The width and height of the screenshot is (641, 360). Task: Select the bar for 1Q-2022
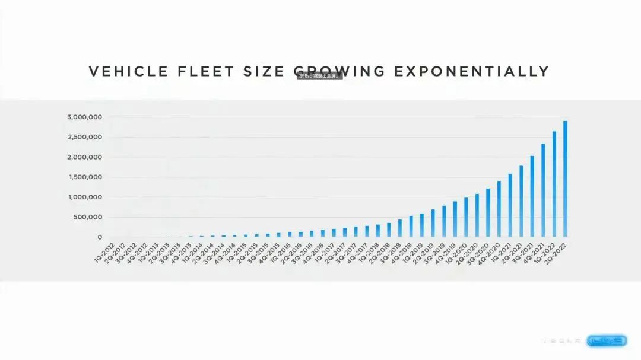(554, 184)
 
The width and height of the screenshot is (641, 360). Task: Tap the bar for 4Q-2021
(543, 190)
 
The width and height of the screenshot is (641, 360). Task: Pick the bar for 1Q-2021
(510, 205)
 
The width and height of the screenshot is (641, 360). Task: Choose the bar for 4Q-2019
(455, 219)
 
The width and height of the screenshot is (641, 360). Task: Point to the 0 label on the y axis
(100, 237)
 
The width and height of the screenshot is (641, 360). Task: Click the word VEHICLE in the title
(129, 72)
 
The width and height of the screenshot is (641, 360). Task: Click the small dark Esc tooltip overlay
(319, 76)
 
